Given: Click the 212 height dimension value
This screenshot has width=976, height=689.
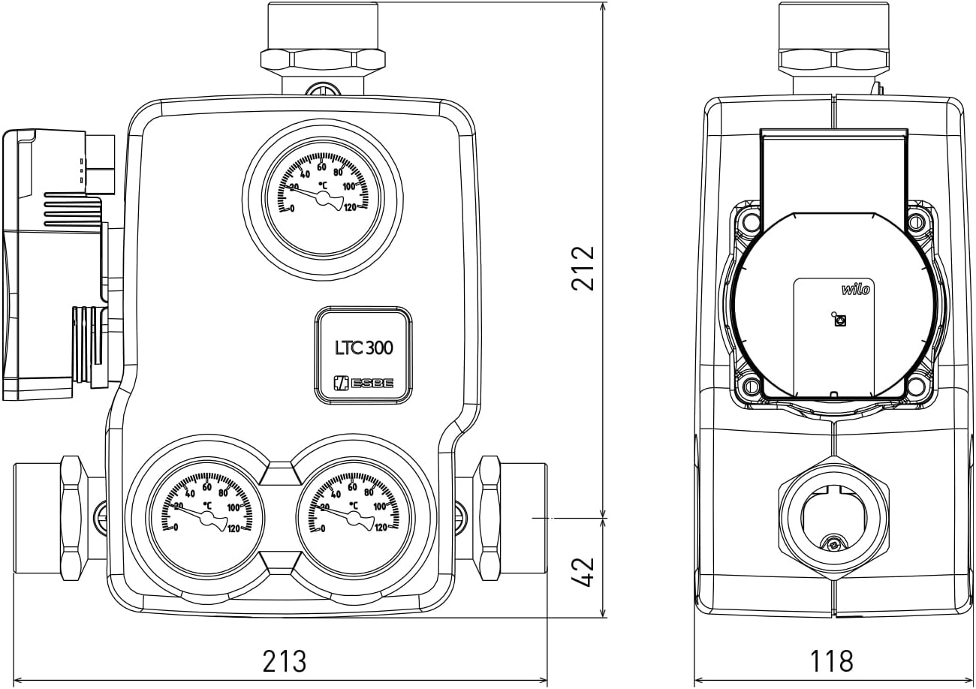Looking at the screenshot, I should pos(583,268).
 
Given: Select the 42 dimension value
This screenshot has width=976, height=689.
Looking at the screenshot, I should pos(583,572).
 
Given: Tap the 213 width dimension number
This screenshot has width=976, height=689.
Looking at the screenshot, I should pos(285,662).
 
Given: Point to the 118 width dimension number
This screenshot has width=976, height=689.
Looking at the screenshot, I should pos(831,662).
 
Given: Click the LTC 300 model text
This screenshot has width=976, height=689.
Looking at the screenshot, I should pos(363,348).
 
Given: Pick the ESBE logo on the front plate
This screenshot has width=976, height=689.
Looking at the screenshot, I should pos(363,383).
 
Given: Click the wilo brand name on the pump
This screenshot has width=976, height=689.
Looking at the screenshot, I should pos(855,289).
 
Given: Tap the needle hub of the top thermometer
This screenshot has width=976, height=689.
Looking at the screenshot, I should pos(324,198).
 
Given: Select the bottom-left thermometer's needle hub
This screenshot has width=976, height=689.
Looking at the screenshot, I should pos(207,517).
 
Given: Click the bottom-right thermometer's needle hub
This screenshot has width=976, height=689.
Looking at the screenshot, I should pos(354,517).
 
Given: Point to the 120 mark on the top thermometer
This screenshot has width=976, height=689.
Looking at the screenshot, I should pos(351,208).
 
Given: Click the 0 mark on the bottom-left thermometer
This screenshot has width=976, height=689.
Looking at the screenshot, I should pos(176,528).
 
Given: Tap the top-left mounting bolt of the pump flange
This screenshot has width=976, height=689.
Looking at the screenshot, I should pos(750,222).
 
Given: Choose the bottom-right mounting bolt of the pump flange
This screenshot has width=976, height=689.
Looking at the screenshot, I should pos(916,387).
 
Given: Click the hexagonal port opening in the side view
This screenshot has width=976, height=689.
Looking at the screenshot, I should pos(833,518).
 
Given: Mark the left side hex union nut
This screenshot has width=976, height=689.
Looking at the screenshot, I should pos(73,517).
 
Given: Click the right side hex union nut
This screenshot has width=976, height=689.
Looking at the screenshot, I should pos(489,517).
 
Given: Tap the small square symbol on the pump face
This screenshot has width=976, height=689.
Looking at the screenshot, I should pos(840,320).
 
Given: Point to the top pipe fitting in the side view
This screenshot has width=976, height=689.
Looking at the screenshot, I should pos(833,41).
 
